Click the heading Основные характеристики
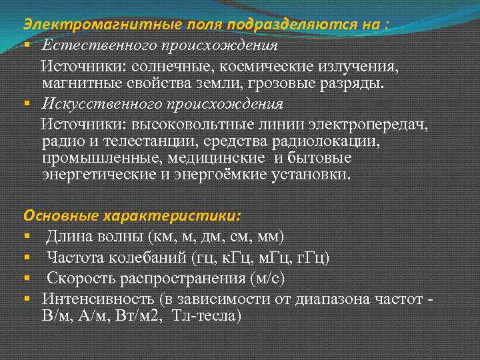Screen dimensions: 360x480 pos(133,216)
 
